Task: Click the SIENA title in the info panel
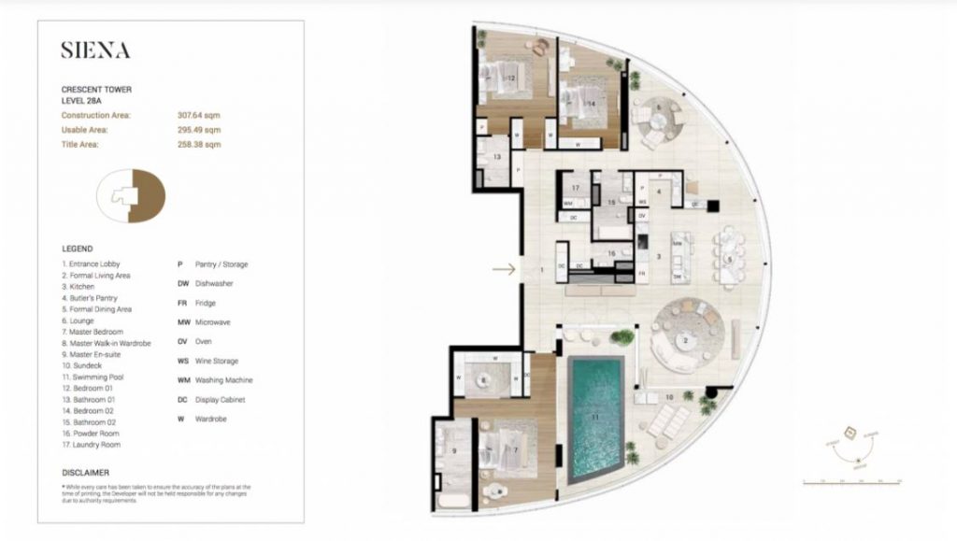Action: [95, 51]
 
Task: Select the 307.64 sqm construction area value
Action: [199, 115]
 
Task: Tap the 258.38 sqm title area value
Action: [199, 145]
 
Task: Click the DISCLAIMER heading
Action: [85, 473]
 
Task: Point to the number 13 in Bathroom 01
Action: [498, 157]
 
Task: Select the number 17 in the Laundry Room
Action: [577, 189]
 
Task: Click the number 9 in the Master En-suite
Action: [455, 450]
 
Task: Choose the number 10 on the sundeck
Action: [668, 397]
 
